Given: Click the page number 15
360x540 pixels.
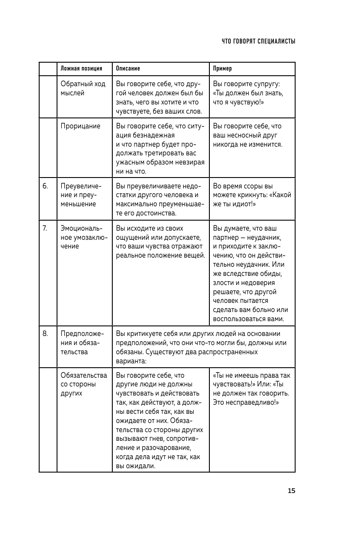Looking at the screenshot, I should click(291, 491).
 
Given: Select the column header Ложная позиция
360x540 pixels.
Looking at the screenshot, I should click(81, 69).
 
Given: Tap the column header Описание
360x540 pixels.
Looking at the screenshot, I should click(128, 69).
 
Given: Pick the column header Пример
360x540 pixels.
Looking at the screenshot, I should click(222, 69).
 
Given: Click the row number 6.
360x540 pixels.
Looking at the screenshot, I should click(45, 186).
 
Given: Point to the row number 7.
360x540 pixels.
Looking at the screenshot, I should click(45, 228).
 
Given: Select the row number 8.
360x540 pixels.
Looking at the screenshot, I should click(45, 334).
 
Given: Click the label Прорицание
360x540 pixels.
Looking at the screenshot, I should click(81, 126).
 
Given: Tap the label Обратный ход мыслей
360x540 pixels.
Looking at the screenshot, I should click(83, 88).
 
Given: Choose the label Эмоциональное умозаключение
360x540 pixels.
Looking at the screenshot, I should click(82, 237).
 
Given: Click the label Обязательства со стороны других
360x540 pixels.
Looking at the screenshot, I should click(84, 384).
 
